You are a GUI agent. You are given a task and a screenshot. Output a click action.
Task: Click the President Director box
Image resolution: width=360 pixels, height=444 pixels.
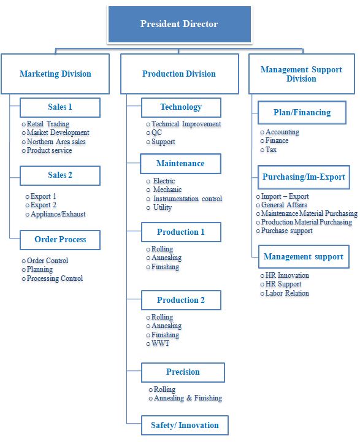pyautogui.click(x=180, y=24)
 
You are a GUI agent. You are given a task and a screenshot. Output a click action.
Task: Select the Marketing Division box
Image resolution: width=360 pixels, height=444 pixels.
pyautogui.click(x=55, y=74)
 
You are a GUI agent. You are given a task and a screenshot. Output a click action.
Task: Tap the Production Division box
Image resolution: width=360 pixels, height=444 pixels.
pyautogui.click(x=180, y=74)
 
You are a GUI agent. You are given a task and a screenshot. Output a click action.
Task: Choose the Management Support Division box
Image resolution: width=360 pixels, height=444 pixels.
pyautogui.click(x=302, y=74)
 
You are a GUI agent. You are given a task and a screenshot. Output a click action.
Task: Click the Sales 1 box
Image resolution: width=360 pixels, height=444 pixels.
pyautogui.click(x=60, y=107)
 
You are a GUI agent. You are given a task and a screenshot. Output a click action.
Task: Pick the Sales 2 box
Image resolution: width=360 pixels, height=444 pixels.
pyautogui.click(x=60, y=175)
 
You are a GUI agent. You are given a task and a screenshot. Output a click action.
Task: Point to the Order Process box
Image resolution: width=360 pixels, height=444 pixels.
pyautogui.click(x=60, y=240)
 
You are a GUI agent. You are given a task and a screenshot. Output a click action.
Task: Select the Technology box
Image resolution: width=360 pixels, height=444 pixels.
pyautogui.click(x=181, y=107)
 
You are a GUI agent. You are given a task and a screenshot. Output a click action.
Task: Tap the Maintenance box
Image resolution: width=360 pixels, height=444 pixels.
pyautogui.click(x=180, y=164)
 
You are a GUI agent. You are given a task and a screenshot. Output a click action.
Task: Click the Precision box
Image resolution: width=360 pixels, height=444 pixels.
pyautogui.click(x=183, y=372)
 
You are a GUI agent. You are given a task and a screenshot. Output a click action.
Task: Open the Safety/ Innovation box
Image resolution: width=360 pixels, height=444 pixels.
pyautogui.click(x=185, y=426)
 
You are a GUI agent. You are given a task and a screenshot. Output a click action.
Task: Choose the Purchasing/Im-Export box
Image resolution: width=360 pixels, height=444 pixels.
pyautogui.click(x=304, y=177)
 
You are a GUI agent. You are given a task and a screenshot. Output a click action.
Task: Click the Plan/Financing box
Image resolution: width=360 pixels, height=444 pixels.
pyautogui.click(x=302, y=113)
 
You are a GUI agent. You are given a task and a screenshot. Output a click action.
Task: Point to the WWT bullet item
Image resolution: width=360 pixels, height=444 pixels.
pyautogui.click(x=158, y=343)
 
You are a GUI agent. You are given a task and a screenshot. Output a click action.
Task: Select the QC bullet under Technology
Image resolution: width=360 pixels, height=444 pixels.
pyautogui.click(x=154, y=132)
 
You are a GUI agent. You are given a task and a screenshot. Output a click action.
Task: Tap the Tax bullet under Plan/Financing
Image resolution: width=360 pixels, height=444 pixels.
pyautogui.click(x=268, y=150)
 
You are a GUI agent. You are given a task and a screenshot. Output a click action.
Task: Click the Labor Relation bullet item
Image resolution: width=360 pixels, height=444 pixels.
pyautogui.click(x=285, y=293)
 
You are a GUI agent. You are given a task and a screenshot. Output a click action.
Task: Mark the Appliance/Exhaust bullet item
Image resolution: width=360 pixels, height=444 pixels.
pyautogui.click(x=56, y=214)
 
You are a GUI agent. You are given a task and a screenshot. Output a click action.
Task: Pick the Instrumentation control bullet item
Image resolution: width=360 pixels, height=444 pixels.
pyautogui.click(x=184, y=199)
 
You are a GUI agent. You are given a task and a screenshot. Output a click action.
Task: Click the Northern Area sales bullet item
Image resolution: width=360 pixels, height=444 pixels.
pyautogui.click(x=53, y=142)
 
